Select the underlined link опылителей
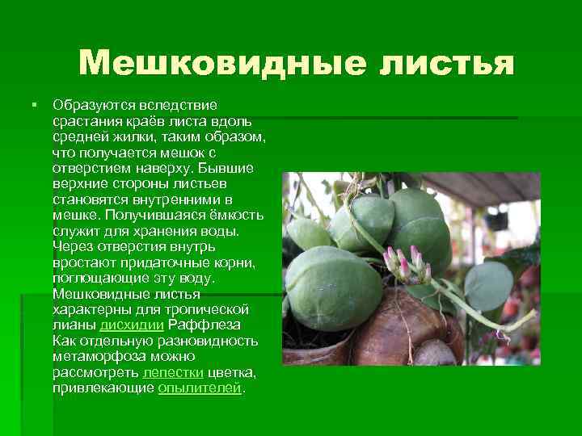pyautogui.click(x=200, y=388)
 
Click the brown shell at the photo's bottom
pyautogui.click(x=404, y=331)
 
